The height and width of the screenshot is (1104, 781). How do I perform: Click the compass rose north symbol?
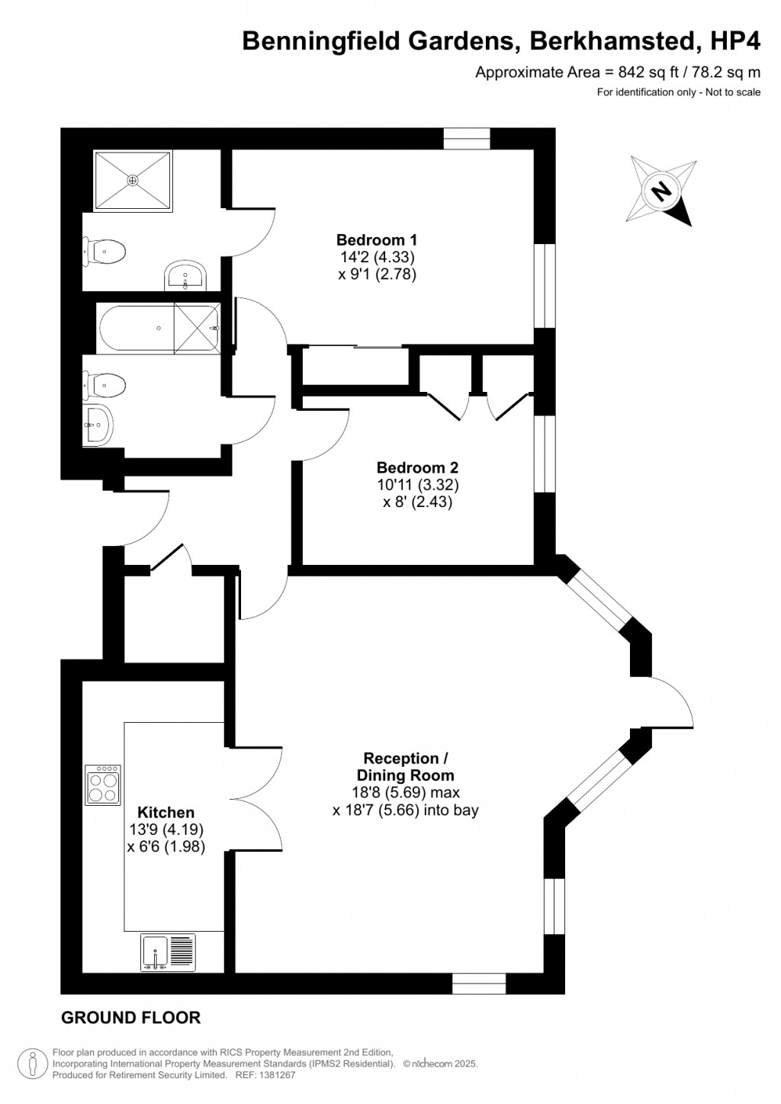point(661,190)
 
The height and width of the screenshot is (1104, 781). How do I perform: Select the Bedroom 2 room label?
point(417,467)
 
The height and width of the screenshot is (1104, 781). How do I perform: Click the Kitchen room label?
point(166,813)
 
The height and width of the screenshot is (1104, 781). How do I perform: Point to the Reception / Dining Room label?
point(405,766)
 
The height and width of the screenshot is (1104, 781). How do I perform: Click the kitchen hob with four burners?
point(103,784)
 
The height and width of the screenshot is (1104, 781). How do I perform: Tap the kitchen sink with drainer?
point(168,952)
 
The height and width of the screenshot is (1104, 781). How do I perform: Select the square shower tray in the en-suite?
point(133,181)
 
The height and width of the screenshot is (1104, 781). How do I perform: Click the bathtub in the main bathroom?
point(159,328)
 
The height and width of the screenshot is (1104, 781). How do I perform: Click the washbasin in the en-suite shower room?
point(185,275)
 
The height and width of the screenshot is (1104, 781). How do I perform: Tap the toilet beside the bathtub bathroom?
point(104,386)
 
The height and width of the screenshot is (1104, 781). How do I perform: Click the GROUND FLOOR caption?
point(130,1017)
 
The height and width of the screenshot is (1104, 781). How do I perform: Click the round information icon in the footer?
point(33,1061)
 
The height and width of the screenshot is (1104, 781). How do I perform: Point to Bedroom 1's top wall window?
point(466,138)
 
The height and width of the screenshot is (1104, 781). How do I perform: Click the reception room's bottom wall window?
point(479,984)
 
